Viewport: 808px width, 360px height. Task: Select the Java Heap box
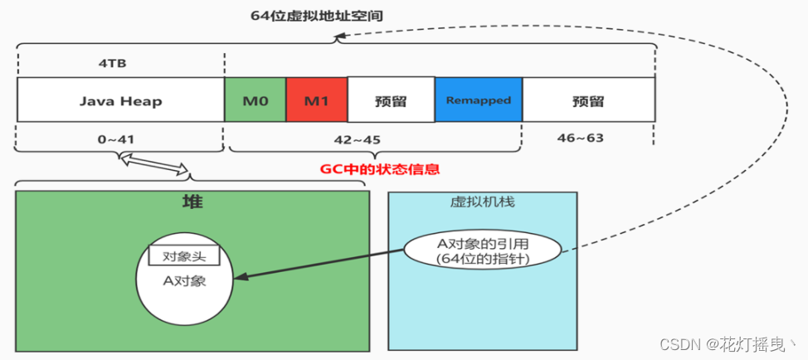click(x=120, y=101)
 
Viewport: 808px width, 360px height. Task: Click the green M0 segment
click(x=256, y=101)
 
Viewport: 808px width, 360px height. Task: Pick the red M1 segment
click(x=316, y=101)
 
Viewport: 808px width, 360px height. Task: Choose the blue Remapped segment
click(x=479, y=101)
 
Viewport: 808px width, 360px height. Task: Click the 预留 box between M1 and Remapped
click(x=391, y=101)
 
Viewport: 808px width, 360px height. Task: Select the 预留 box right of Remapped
click(x=588, y=101)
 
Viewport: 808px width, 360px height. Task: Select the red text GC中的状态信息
click(x=379, y=169)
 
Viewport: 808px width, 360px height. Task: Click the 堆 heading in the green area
click(x=192, y=202)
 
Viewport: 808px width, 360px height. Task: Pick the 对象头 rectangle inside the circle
click(x=183, y=255)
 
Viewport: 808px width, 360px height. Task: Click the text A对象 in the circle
click(x=183, y=281)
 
